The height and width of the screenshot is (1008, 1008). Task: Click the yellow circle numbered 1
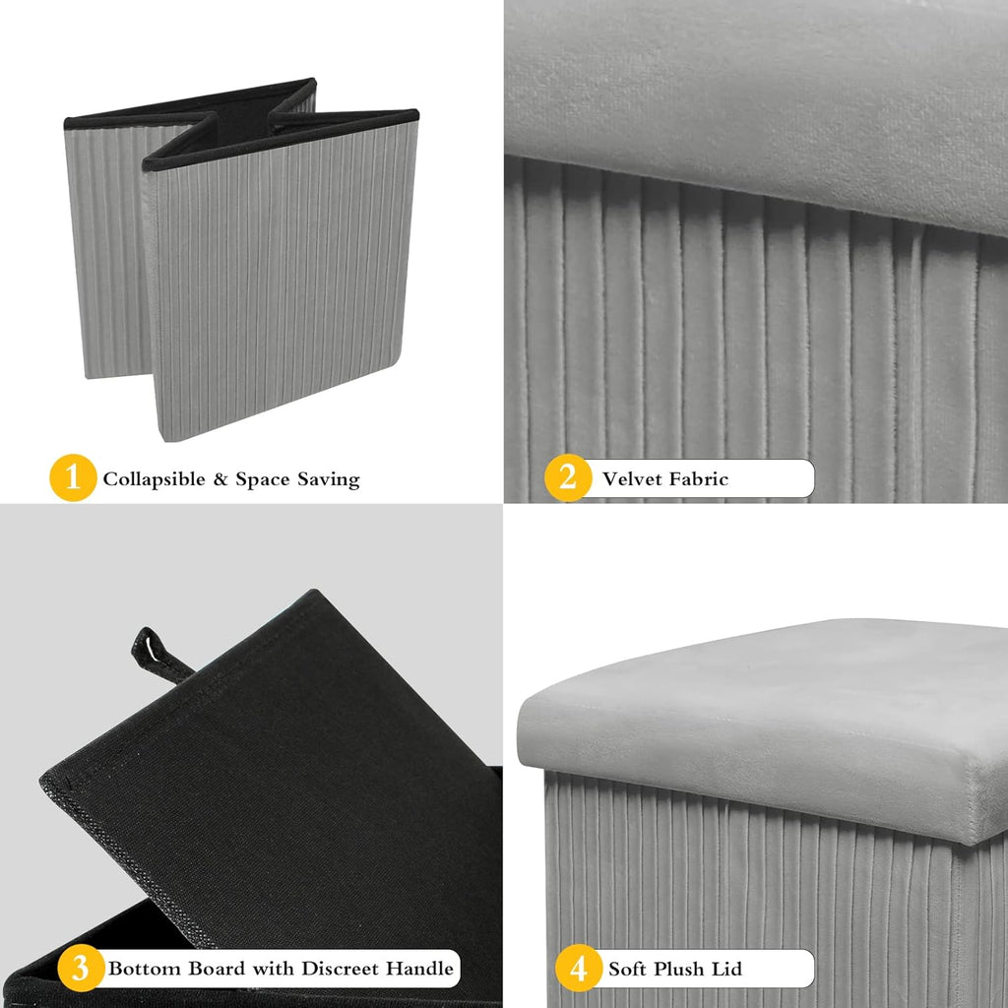click(x=73, y=477)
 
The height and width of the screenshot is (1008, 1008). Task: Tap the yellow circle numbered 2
click(x=568, y=477)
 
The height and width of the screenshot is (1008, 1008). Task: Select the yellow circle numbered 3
click(x=81, y=968)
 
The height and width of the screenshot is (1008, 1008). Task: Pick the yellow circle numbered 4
click(x=579, y=968)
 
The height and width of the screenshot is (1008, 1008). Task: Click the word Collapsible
click(x=155, y=479)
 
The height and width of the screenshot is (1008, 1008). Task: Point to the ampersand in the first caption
click(x=220, y=479)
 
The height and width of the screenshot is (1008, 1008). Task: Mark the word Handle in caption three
click(x=422, y=969)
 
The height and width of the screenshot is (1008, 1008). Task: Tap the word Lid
click(x=727, y=969)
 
